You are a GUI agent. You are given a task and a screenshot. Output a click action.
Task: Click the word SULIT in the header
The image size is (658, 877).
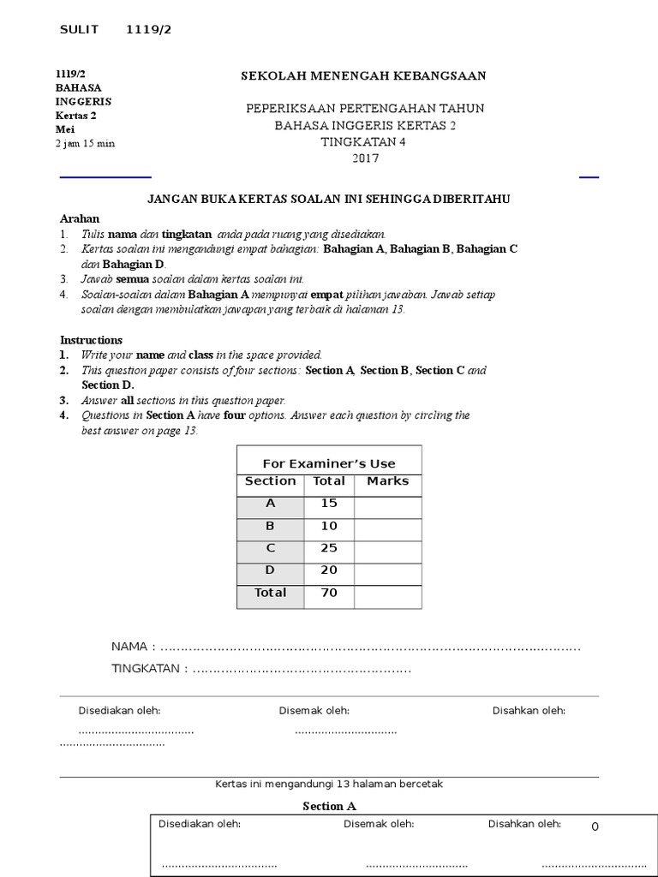coord(80,30)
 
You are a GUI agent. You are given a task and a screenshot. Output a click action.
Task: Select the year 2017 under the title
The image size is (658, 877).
coord(364,158)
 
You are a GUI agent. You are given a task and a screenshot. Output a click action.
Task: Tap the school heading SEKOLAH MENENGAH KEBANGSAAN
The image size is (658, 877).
coord(363,76)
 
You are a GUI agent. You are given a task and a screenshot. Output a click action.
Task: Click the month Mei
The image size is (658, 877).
coord(64,129)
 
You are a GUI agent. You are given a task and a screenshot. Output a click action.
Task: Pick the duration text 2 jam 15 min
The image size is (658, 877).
coord(85,143)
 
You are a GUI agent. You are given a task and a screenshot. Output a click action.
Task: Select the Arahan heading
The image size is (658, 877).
coord(80,218)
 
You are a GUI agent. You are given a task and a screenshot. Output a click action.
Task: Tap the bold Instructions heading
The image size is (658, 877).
coord(91,340)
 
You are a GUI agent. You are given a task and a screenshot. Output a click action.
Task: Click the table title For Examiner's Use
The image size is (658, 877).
coord(329,463)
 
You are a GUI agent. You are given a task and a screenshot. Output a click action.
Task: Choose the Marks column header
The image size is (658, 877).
coord(387,481)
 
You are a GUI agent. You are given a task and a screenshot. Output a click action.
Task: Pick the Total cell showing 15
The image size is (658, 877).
coord(329,504)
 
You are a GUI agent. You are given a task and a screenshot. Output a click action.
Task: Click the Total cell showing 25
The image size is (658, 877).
coord(329,548)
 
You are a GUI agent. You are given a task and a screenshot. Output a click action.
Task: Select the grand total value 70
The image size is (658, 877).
coord(329,593)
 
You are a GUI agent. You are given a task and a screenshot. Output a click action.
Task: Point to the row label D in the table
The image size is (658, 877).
coord(270,570)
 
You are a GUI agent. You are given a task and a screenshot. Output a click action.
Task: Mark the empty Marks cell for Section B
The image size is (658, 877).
coord(387,526)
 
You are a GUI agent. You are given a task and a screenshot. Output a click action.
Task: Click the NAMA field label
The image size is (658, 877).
coord(129,646)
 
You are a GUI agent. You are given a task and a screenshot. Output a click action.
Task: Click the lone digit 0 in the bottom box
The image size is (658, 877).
coord(595,826)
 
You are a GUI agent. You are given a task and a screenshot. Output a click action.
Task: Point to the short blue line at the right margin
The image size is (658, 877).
coord(589,177)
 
